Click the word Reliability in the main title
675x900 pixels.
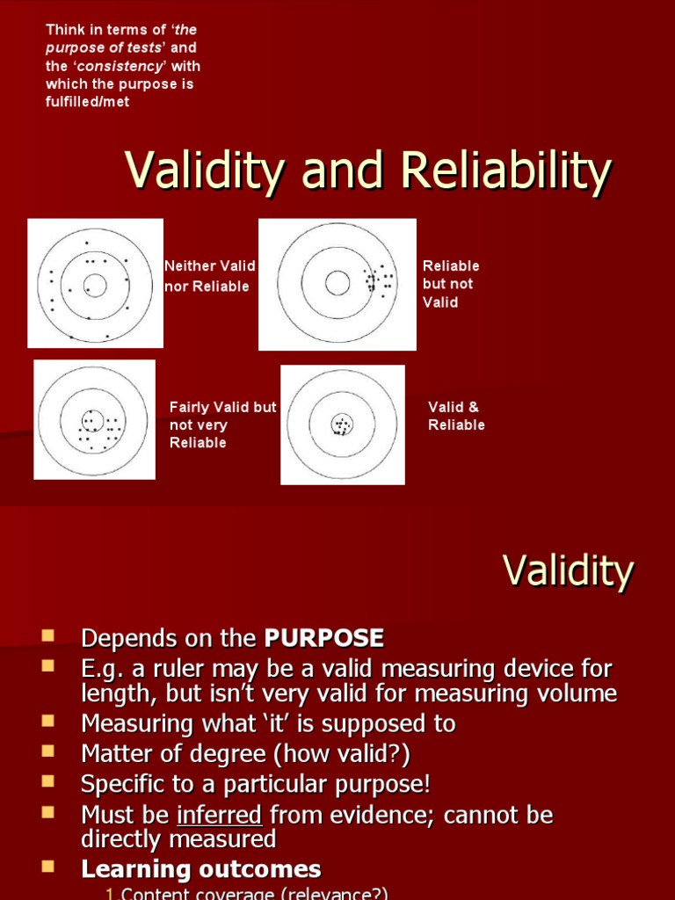pyautogui.click(x=504, y=171)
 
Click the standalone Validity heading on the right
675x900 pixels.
pyautogui.click(x=568, y=571)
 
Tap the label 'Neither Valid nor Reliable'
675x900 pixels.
pyautogui.click(x=209, y=276)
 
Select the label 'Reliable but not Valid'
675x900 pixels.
pyautogui.click(x=451, y=284)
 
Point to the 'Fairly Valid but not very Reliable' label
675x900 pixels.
pyautogui.click(x=222, y=425)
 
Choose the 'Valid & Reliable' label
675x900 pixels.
pyautogui.click(x=455, y=416)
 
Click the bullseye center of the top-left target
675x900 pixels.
pyautogui.click(x=95, y=285)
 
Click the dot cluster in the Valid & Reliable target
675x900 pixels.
pyautogui.click(x=341, y=426)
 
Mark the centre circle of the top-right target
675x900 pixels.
pyautogui.click(x=337, y=282)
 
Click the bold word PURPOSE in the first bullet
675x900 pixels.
pyautogui.click(x=324, y=637)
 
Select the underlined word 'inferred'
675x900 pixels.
pyautogui.click(x=219, y=815)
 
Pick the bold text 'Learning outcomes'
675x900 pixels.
pyautogui.click(x=201, y=869)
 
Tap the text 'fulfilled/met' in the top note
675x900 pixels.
pyautogui.click(x=87, y=103)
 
